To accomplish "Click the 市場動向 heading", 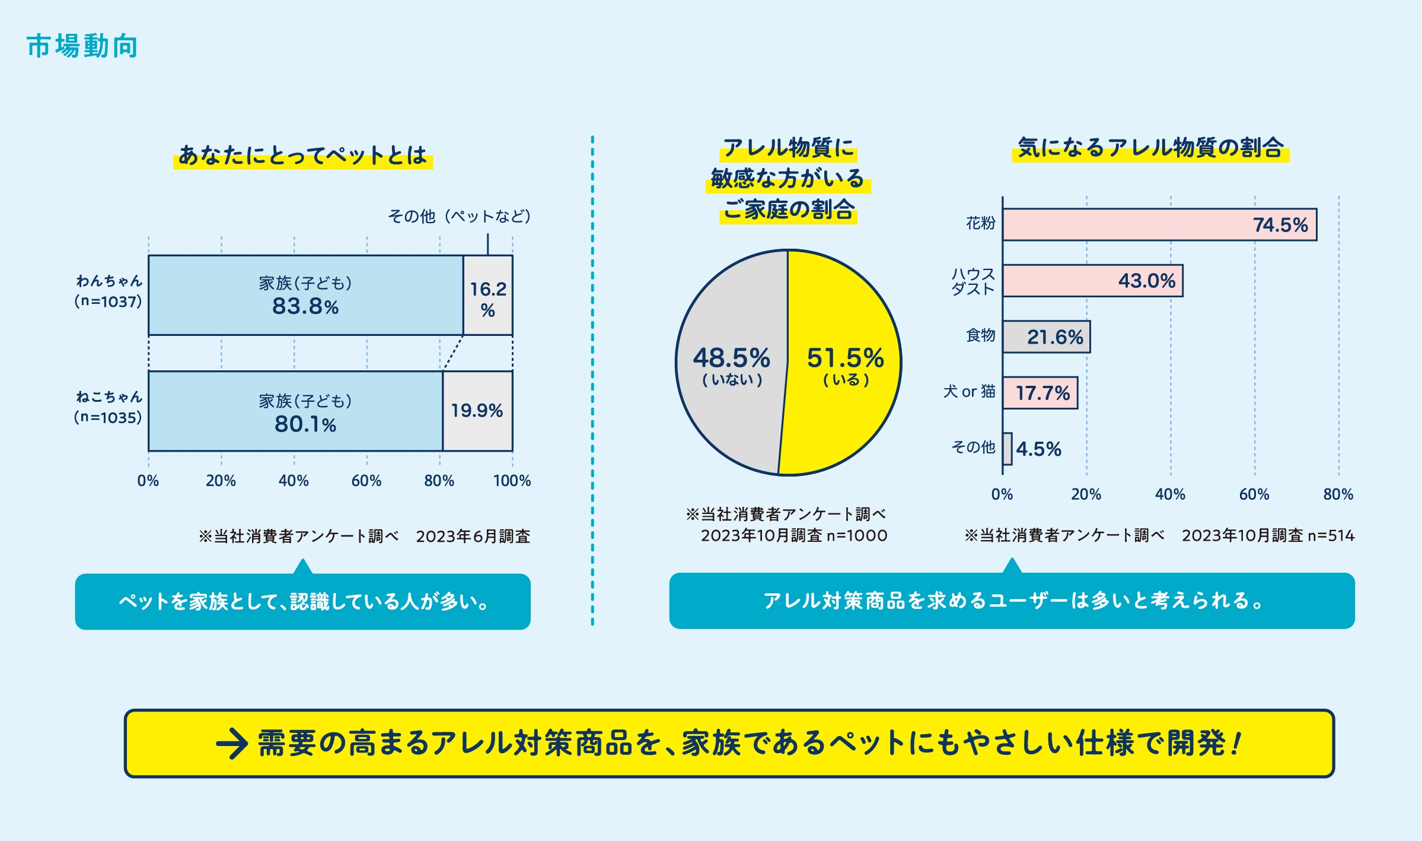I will click(x=82, y=46).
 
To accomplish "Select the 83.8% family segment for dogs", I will click(x=305, y=296).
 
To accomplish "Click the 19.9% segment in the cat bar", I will click(x=477, y=411).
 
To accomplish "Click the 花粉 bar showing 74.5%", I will click(x=1159, y=225).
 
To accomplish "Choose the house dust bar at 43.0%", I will click(x=1092, y=281).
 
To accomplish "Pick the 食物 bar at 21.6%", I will click(x=1047, y=337).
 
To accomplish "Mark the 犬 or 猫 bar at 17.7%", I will click(x=1040, y=393).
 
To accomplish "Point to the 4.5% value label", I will click(x=1038, y=449).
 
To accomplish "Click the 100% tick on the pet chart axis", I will click(x=512, y=481).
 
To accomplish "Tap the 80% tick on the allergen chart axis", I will click(x=1338, y=494).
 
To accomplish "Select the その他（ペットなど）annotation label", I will click(x=459, y=216).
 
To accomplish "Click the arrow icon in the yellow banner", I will click(x=232, y=744).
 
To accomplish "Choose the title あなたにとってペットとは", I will click(x=303, y=155).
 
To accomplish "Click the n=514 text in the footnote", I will click(x=1331, y=536).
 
